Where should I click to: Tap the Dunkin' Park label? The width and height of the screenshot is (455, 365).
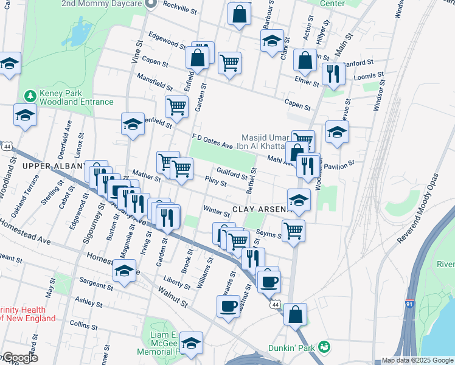tap(291, 348)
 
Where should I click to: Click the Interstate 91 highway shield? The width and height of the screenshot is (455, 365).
tap(410, 303)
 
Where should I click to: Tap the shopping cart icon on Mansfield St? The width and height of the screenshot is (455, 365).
tap(176, 106)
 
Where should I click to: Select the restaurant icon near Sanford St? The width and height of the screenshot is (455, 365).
tap(333, 74)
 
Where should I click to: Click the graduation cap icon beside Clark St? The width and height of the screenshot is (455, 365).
tap(272, 41)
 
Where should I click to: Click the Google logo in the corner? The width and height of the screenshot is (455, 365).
tap(19, 358)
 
